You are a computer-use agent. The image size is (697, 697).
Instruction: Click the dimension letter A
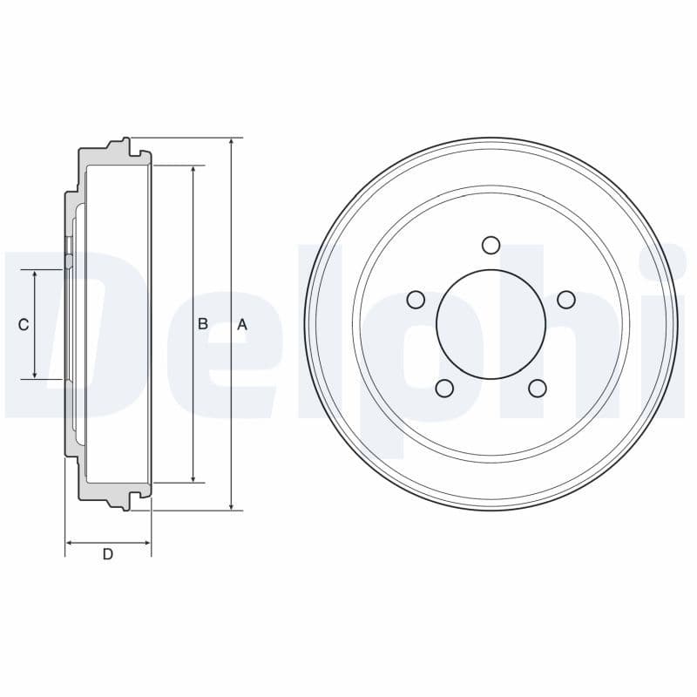pyautogui.click(x=242, y=324)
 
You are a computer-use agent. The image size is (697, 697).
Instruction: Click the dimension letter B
pyautogui.click(x=202, y=323)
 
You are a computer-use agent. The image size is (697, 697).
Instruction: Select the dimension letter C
pyautogui.click(x=24, y=324)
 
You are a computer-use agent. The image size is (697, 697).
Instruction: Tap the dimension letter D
pyautogui.click(x=108, y=554)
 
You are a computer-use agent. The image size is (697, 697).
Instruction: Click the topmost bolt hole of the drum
pyautogui.click(x=491, y=244)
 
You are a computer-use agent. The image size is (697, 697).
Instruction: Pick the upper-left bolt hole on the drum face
pyautogui.click(x=416, y=300)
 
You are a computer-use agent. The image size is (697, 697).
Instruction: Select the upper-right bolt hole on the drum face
pyautogui.click(x=566, y=300)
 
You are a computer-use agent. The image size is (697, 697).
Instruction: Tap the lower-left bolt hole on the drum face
pyautogui.click(x=444, y=388)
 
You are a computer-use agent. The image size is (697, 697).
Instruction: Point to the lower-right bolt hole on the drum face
pyautogui.click(x=538, y=388)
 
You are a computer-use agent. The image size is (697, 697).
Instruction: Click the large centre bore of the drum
pyautogui.click(x=491, y=323)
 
